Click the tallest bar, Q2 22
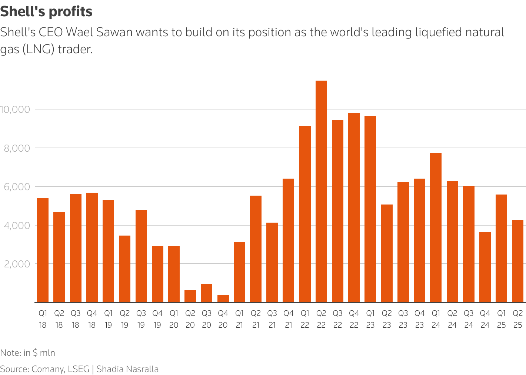[x=321, y=191]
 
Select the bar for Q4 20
[x=223, y=298]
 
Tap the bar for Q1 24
[x=436, y=227]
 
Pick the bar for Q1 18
[x=43, y=250]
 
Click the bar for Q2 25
[x=517, y=261]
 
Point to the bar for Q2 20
[x=190, y=296]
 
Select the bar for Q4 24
[x=485, y=267]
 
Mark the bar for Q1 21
[x=239, y=272]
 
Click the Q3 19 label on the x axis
[x=141, y=319]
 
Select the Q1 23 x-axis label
[x=370, y=319]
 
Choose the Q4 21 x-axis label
[x=289, y=319]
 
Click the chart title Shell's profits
[x=46, y=12]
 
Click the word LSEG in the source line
[x=79, y=369]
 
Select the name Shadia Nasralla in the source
[x=127, y=369]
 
